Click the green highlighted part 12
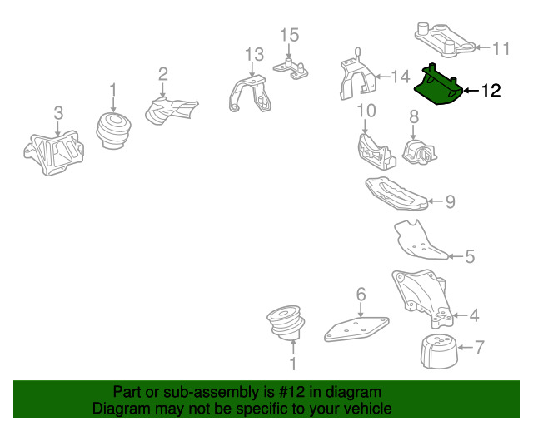(x=439, y=87)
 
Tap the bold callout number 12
(x=491, y=91)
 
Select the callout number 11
(x=501, y=48)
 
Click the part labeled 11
(x=445, y=39)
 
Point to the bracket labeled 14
(x=357, y=77)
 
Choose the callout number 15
(x=290, y=35)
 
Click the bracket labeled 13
(x=251, y=94)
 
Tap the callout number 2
(x=163, y=74)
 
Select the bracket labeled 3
(x=53, y=153)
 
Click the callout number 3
(x=58, y=113)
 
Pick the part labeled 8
(x=420, y=152)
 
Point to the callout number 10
(x=366, y=111)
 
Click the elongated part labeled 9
(x=396, y=193)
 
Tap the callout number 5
(x=470, y=256)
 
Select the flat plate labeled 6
(x=356, y=329)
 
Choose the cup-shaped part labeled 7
(x=439, y=352)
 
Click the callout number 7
(x=480, y=347)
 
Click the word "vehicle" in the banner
(x=371, y=408)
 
